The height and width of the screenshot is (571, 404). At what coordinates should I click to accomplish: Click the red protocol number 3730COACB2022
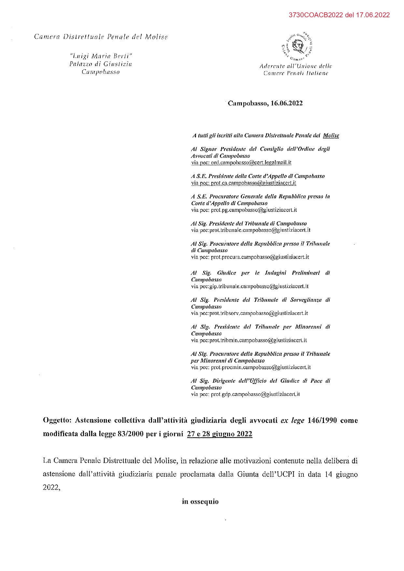pos(316,15)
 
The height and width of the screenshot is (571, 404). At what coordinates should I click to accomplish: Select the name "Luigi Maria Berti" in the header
pos(101,56)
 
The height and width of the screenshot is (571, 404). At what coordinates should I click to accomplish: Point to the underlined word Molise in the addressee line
pos(331,136)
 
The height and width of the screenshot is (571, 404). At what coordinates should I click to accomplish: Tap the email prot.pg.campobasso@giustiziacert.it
pos(254,210)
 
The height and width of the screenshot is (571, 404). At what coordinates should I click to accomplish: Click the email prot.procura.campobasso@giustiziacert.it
pos(260,257)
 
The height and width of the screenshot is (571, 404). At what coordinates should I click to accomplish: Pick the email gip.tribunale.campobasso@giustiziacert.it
pos(259,287)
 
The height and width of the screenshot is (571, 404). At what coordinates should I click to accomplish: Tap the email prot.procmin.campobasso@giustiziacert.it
pos(260,367)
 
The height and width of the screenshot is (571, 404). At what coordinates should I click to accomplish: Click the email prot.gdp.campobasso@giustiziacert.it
pos(255,394)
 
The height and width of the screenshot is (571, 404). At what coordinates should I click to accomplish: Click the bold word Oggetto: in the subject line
pos(57,420)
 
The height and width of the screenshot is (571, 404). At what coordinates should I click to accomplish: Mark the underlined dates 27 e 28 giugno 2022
pos(219,434)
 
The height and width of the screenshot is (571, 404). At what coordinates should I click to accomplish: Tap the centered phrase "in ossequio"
pos(200,502)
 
